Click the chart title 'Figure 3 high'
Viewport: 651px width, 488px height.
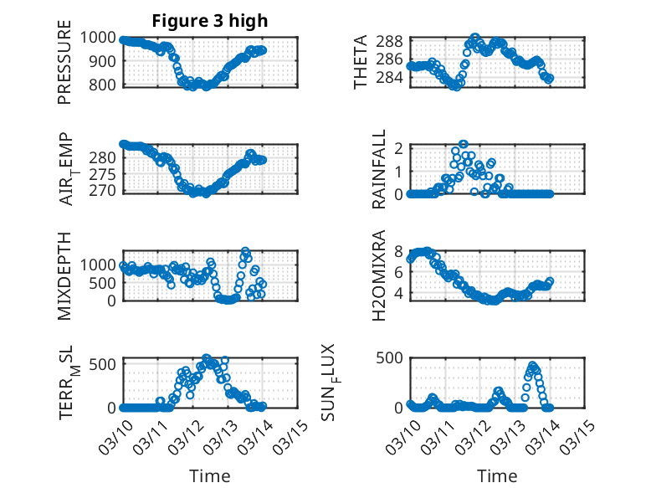(x=210, y=21)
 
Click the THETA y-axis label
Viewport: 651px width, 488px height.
(x=361, y=62)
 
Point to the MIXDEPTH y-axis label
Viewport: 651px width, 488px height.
(x=64, y=275)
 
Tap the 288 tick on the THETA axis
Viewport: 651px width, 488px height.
(x=395, y=41)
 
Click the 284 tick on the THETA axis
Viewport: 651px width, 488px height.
(x=395, y=78)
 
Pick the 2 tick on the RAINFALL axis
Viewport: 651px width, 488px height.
(x=399, y=148)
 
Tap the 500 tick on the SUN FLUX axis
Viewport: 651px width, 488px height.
(x=395, y=357)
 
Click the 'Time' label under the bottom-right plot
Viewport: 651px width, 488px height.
(x=497, y=475)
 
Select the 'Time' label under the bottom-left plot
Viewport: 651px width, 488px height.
(x=210, y=475)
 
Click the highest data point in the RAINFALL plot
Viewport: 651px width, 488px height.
(x=463, y=144)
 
